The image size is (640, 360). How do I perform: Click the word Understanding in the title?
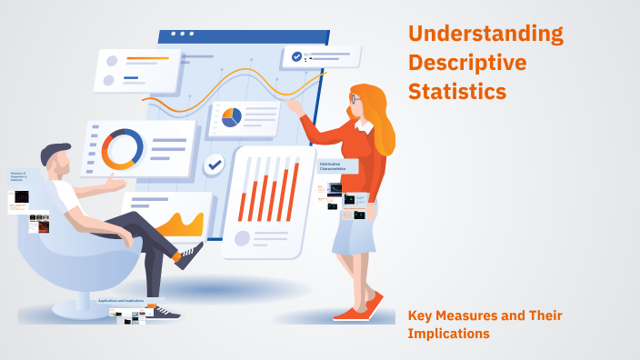(485, 35)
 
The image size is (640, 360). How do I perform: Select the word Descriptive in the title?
(467, 64)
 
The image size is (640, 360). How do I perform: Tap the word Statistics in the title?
(457, 92)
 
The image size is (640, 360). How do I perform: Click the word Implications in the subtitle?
(449, 334)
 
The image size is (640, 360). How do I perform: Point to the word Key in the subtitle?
(421, 316)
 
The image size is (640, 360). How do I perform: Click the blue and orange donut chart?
(122, 149)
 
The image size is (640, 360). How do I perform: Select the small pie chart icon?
(231, 117)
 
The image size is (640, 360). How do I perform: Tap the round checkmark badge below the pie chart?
(215, 165)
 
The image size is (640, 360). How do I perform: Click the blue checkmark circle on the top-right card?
(296, 56)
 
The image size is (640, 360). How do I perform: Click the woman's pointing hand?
(293, 105)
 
